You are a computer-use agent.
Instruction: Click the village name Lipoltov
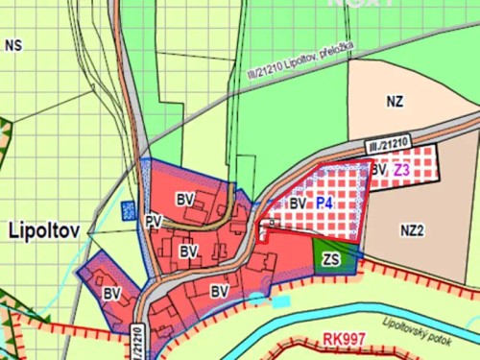point(46,231)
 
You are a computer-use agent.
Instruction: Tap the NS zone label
point(12,45)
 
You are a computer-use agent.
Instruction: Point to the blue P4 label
point(324,204)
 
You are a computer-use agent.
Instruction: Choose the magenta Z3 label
point(401,170)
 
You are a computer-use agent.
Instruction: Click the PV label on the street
point(154,221)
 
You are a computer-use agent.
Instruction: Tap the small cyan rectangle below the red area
point(279,300)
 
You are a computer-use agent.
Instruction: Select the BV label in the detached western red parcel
point(112,292)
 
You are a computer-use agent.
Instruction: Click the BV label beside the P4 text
point(298,204)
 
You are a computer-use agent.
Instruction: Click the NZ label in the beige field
point(395,99)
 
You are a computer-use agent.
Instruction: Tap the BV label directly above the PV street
point(185,199)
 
